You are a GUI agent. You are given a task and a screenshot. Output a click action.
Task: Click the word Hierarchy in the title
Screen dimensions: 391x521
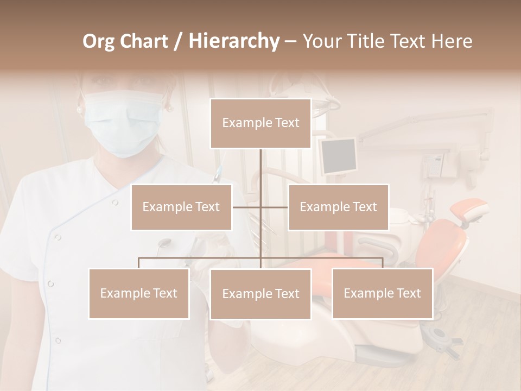pos(234,41)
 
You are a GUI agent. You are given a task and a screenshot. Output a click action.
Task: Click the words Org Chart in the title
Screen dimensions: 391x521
pos(125,41)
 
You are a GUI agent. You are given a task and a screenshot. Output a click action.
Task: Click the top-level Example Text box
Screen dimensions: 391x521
pos(260,123)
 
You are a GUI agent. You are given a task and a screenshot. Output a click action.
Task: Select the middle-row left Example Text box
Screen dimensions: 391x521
pos(181,207)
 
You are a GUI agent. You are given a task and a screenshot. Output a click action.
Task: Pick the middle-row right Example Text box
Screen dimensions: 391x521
pos(338,207)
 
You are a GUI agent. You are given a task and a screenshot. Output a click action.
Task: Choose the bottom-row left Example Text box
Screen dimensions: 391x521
pos(139,293)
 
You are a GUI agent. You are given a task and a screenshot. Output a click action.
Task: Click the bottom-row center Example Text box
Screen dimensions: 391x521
pos(260,294)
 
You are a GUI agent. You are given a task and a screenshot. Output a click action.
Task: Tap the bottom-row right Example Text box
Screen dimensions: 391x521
pos(382,293)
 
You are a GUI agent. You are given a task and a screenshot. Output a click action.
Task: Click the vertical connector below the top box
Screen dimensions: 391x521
pos(260,174)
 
